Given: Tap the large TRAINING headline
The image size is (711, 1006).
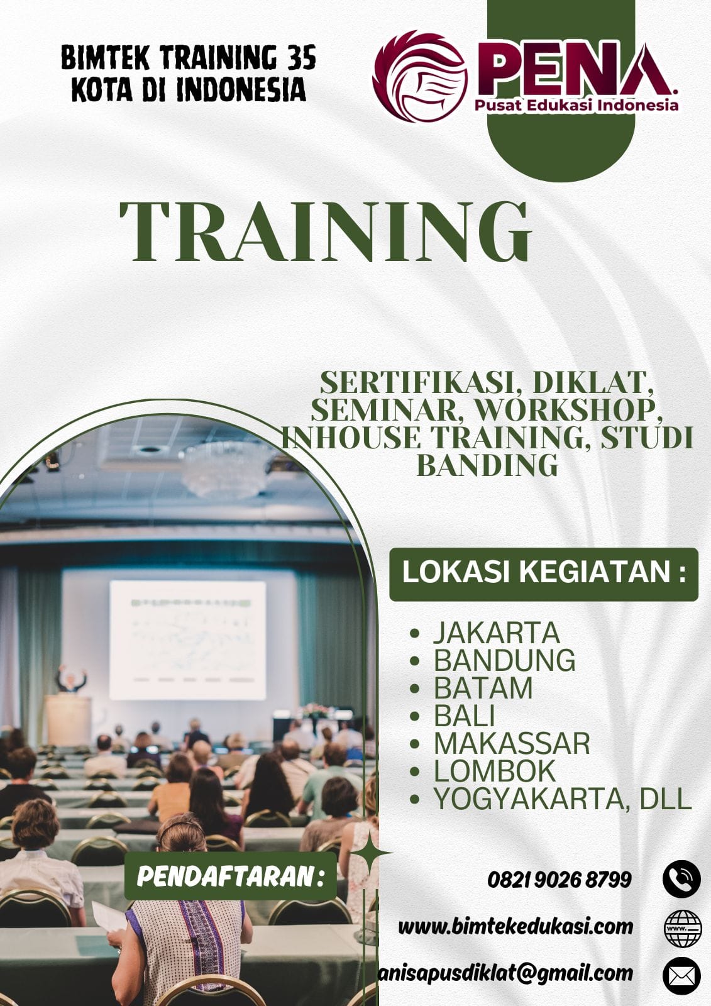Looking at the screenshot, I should [x=325, y=231].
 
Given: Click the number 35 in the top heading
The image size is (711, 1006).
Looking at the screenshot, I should [x=302, y=60].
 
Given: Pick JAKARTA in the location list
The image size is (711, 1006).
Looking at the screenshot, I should [x=496, y=633].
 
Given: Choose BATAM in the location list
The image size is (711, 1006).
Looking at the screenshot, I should [x=483, y=688].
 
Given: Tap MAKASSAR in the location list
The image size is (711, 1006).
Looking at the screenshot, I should [x=512, y=743].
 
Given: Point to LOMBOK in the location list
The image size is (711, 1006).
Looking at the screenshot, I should [x=495, y=771].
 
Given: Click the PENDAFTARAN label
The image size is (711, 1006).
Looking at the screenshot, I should [x=230, y=876].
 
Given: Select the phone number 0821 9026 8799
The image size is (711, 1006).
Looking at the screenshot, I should [x=559, y=879].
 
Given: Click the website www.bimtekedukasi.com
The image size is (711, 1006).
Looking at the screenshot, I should [x=515, y=926].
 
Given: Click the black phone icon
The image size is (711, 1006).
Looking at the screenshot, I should [x=681, y=878].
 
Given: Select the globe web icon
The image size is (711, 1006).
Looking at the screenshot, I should [x=682, y=927].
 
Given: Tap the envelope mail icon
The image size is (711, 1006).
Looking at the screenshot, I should [x=681, y=976].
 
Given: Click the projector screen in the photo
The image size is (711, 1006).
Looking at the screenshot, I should [x=187, y=639].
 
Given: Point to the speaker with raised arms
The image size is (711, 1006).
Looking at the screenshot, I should [x=70, y=679].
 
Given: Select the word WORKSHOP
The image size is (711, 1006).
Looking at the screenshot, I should [x=569, y=409].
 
